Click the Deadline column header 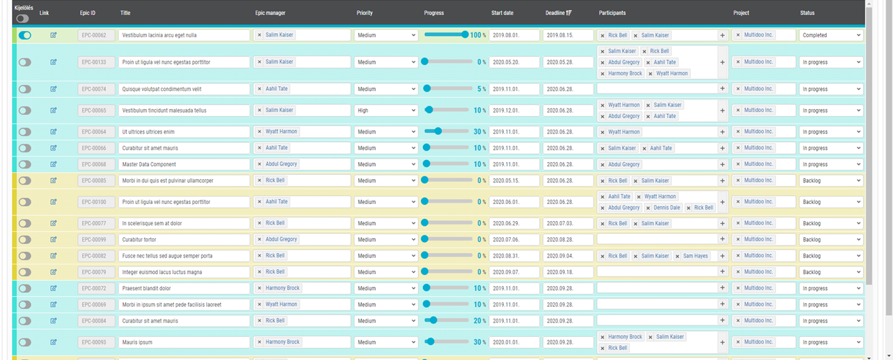(x=558, y=13)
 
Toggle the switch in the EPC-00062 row (x=24, y=35)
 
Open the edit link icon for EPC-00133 (x=54, y=62)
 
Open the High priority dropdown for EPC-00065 (x=386, y=111)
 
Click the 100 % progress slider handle (x=464, y=35)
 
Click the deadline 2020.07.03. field (x=568, y=223)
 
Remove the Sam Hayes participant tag (x=677, y=256)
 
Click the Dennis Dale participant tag (x=667, y=207)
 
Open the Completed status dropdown (x=831, y=35)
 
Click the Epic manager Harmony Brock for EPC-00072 (x=282, y=288)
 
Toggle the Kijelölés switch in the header (x=23, y=18)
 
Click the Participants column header (x=612, y=13)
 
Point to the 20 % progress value (x=479, y=321)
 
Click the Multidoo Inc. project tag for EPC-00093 (x=758, y=342)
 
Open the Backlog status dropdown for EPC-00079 (x=831, y=272)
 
